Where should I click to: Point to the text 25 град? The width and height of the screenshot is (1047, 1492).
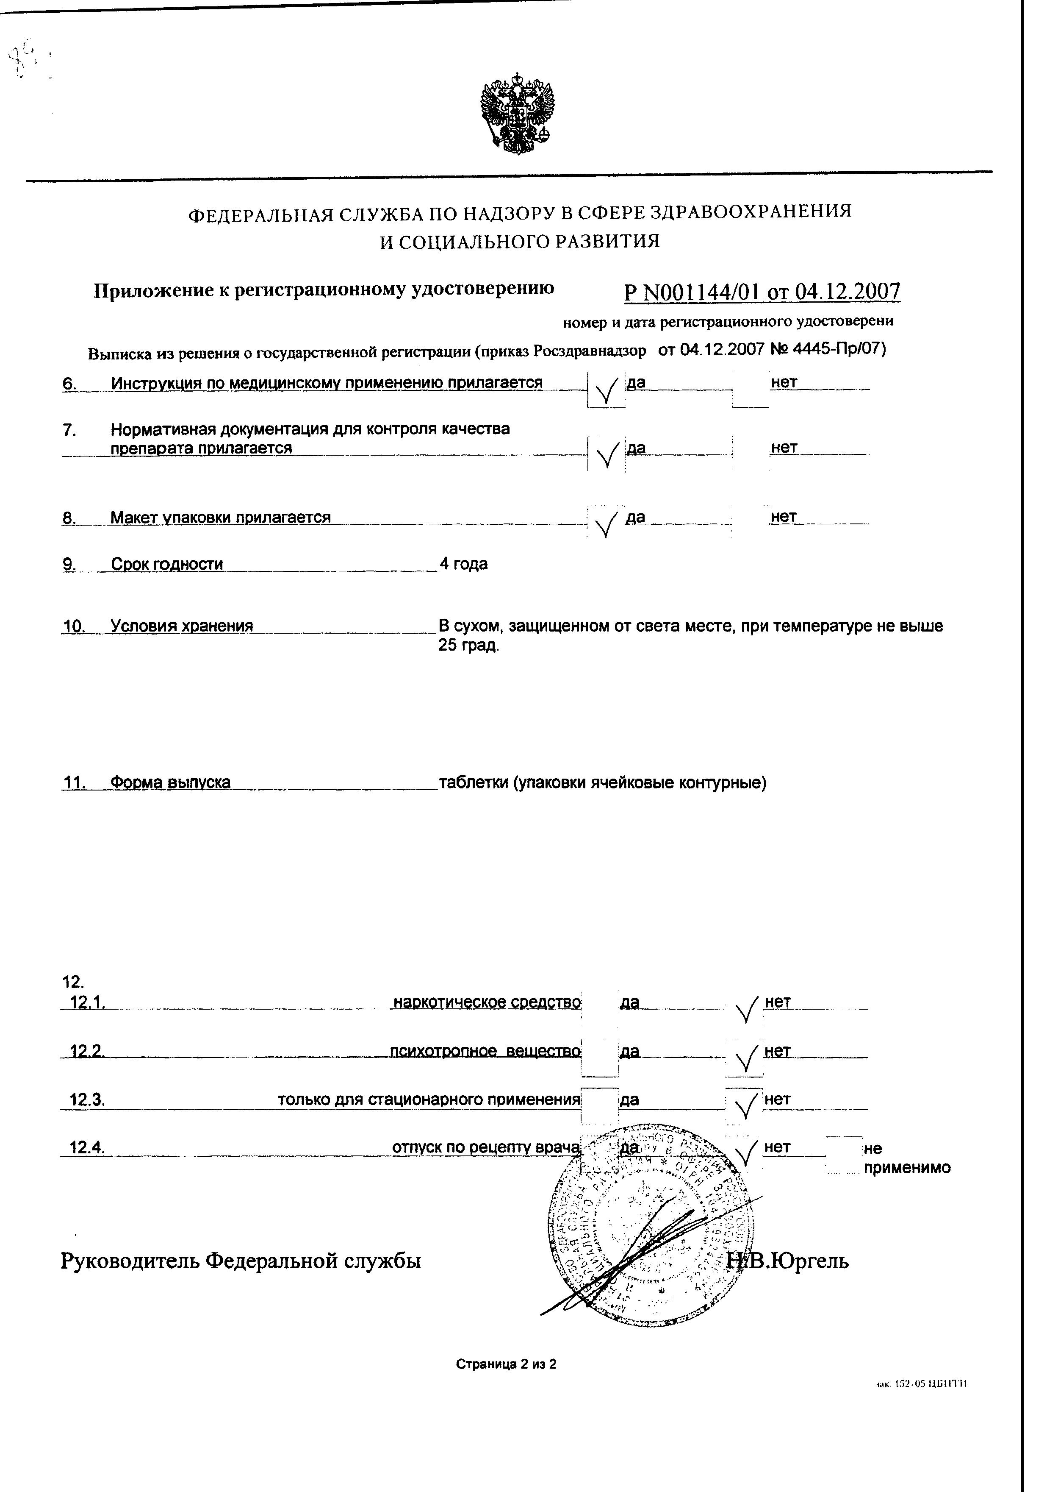coord(468,646)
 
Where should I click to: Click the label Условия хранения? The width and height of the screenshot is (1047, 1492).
coord(181,626)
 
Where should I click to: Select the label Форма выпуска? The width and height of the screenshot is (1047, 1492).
coord(170,782)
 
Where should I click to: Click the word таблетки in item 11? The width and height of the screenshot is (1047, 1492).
coord(474,782)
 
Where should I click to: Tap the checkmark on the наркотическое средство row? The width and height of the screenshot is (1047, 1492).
coord(745,1009)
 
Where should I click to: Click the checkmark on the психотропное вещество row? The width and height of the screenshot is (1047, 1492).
coord(745,1058)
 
